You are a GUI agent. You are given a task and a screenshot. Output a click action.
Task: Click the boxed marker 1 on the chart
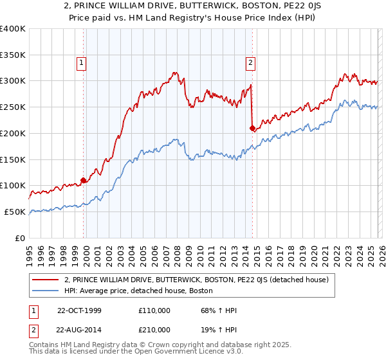tap(82, 63)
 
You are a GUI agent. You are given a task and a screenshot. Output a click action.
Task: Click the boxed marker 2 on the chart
tap(250, 63)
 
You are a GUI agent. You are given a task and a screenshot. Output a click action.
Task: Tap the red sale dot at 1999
tap(84, 180)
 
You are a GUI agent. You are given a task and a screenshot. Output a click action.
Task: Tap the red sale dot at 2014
tap(252, 128)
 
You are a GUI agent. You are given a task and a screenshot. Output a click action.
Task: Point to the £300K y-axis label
tap(13, 81)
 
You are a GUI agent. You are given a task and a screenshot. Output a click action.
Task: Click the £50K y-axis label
tap(15, 212)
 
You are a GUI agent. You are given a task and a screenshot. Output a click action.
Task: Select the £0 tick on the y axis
tap(21, 238)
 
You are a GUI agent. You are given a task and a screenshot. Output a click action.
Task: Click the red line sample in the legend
tap(46, 280)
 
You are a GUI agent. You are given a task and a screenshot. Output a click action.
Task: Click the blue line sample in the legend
tap(46, 291)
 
